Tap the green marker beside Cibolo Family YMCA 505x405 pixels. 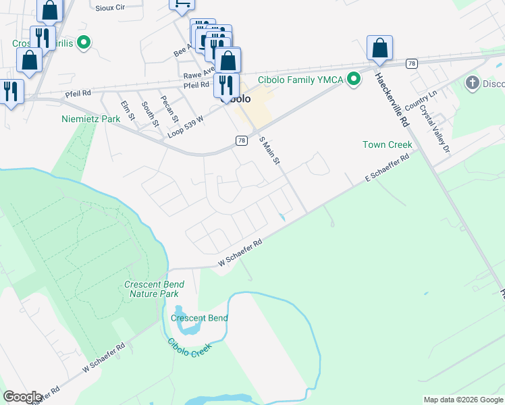(x=352, y=80)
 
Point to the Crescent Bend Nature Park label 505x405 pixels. (x=154, y=289)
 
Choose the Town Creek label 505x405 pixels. (x=387, y=144)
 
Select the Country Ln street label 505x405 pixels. (x=427, y=101)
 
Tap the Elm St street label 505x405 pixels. (x=127, y=111)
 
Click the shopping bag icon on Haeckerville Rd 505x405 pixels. (x=380, y=49)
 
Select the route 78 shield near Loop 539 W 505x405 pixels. (x=242, y=140)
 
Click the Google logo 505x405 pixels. (x=22, y=397)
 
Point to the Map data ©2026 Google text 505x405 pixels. (x=462, y=400)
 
